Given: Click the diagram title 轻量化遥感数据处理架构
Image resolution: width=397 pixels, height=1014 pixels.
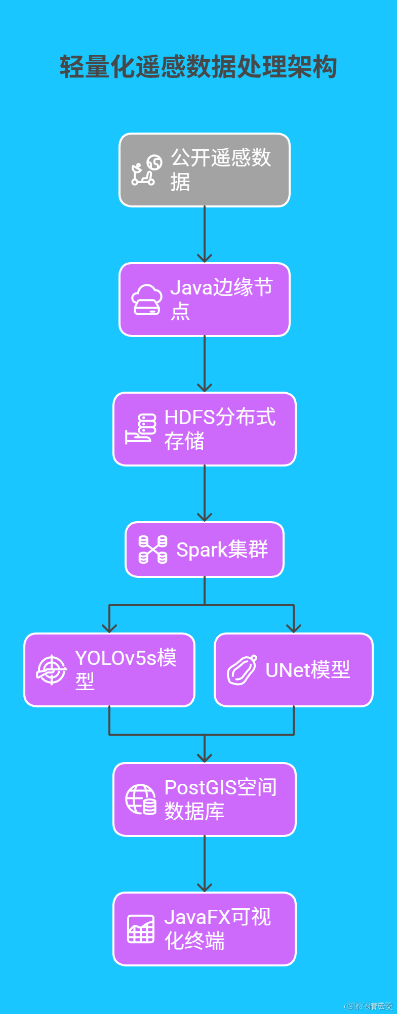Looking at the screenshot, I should pyautogui.click(x=198, y=67).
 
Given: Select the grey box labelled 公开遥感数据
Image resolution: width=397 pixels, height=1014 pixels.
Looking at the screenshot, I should pyautogui.click(x=205, y=170).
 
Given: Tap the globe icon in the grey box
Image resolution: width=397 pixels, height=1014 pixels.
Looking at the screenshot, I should pyautogui.click(x=154, y=162).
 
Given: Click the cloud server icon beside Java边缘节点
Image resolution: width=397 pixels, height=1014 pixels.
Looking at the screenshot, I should pyautogui.click(x=147, y=300).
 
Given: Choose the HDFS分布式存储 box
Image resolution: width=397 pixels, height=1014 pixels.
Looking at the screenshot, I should pyautogui.click(x=205, y=429).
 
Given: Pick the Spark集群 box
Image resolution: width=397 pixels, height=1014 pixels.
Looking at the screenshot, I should pyautogui.click(x=205, y=550).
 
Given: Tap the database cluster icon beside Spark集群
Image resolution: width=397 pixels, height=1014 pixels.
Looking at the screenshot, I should pyautogui.click(x=153, y=550).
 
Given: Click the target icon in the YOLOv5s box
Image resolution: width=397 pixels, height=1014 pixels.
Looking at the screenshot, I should pyautogui.click(x=52, y=670).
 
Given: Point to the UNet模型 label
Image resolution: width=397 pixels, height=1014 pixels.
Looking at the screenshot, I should pyautogui.click(x=308, y=670).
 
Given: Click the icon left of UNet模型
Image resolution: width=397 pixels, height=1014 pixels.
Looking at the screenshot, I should pyautogui.click(x=242, y=670).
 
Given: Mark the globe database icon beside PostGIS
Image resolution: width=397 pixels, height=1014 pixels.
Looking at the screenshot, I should pyautogui.click(x=141, y=799).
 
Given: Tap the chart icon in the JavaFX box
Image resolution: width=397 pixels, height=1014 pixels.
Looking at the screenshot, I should pyautogui.click(x=141, y=929).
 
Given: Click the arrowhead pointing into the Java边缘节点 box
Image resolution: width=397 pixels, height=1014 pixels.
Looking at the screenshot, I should pyautogui.click(x=205, y=258).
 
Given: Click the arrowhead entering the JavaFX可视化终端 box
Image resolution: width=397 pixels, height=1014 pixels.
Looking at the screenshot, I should pyautogui.click(x=205, y=888).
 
